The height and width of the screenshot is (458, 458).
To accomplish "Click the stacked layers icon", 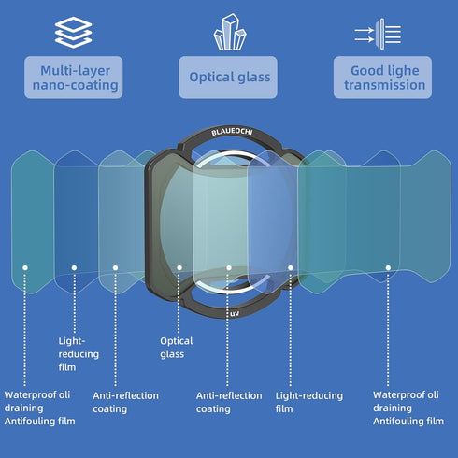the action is point(73,33).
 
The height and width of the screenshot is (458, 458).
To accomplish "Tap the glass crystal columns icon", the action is point(230,32).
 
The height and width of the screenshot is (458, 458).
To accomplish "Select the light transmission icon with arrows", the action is point(378,34).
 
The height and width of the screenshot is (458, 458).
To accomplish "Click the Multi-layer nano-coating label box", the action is point(74,78).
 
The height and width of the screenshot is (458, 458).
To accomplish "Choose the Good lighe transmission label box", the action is point(382,78).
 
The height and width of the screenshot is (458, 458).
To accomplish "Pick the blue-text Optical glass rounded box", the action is point(228,78).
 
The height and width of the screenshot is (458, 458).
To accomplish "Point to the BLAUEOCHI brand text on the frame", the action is point(232,132).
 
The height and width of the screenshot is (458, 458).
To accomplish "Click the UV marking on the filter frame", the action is point(235,313).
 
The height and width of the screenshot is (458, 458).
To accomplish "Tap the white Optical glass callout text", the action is point(177,348).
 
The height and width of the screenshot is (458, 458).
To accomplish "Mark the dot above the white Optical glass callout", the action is point(179,267).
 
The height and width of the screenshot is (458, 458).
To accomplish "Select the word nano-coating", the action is point(76,85).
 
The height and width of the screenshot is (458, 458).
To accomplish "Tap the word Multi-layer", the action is point(75,71).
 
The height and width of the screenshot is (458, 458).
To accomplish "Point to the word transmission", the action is point(385,85).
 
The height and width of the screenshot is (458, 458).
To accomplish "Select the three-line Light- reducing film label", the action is point(79,354).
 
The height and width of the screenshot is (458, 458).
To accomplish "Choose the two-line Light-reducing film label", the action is point(309,402).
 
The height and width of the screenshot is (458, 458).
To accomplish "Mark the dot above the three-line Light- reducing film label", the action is point(74,267).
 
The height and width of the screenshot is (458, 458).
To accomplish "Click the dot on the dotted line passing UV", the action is point(229,267).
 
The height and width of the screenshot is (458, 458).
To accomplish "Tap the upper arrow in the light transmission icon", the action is point(365,30).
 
